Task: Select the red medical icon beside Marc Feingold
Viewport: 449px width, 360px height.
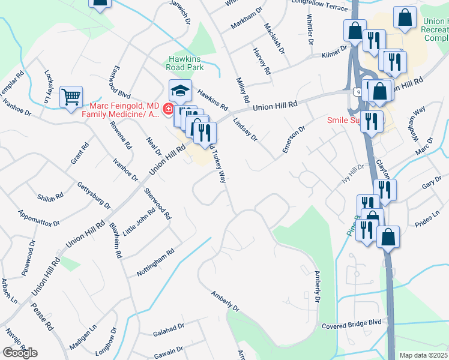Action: coord(168,110)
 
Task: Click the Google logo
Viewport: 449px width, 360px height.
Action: coord(20,353)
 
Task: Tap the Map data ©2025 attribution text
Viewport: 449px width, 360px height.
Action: coord(423,355)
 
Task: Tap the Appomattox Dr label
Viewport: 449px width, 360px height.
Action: coord(39,218)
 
